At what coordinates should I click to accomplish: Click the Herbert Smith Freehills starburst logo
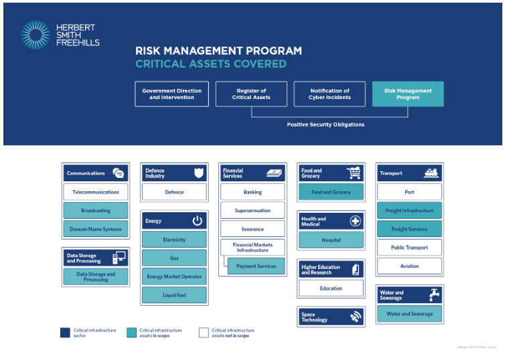coord(35,35)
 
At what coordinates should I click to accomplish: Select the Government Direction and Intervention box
coord(171,94)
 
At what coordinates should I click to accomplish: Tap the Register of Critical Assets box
coord(251,94)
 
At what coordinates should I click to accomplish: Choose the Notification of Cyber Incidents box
coord(330,94)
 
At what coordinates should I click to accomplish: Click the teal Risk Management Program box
coord(408,94)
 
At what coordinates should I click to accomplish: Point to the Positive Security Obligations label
coord(326,124)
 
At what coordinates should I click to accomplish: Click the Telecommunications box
coord(96,192)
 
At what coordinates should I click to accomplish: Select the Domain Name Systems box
coord(96,229)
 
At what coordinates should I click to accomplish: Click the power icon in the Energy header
coord(198,220)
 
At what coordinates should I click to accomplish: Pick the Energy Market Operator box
coord(174,276)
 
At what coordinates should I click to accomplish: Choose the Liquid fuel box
coord(174,295)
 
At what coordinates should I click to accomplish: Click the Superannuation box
coord(252,210)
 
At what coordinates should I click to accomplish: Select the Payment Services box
coord(256,266)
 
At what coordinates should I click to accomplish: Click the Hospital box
coord(331,240)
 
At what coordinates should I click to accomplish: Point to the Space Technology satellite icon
coord(355,317)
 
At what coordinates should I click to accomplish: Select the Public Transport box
coord(409,248)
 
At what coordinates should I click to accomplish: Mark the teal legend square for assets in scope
coord(131,333)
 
